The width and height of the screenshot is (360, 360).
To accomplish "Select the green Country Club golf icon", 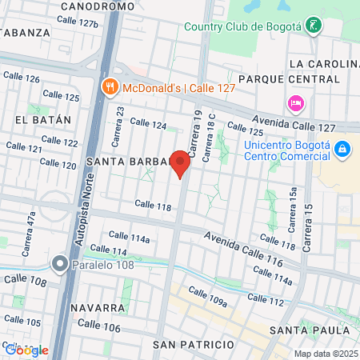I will point(317,26).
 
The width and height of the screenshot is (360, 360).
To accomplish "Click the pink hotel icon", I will point(294,103).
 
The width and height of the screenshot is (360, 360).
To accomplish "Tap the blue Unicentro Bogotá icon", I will point(342,150).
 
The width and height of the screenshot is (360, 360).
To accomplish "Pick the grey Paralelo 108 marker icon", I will point(60,263).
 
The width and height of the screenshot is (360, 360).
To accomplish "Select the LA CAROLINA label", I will point(324,64).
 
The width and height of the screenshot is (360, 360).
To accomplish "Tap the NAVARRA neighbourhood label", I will point(96,308).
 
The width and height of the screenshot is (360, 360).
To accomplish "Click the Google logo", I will point(26,350).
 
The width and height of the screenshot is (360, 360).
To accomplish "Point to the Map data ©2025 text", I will point(325,354).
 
